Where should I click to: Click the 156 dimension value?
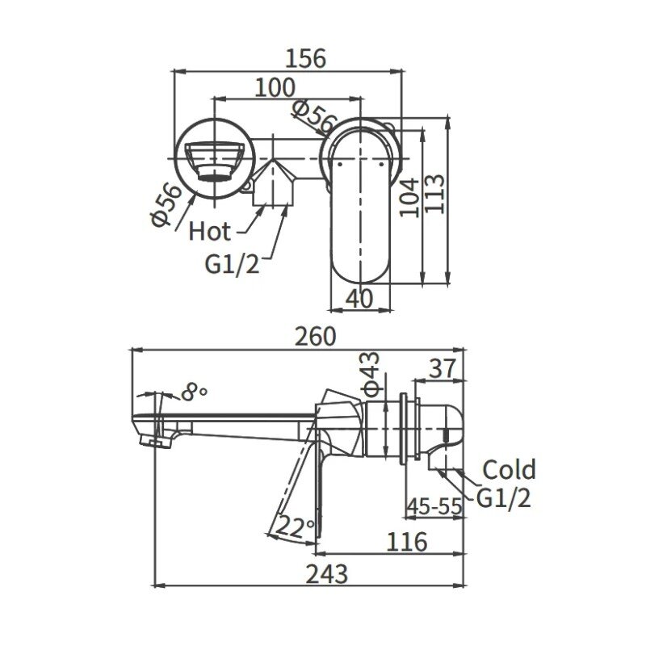tap(305, 58)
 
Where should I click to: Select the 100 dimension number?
tap(275, 88)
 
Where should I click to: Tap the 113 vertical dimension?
tap(435, 194)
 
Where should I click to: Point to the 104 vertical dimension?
tap(409, 197)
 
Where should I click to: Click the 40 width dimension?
tap(359, 298)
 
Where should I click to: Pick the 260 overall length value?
tap(316, 336)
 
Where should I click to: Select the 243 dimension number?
tap(327, 573)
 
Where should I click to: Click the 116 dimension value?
tap(407, 542)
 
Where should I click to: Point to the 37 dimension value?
tap(443, 368)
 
